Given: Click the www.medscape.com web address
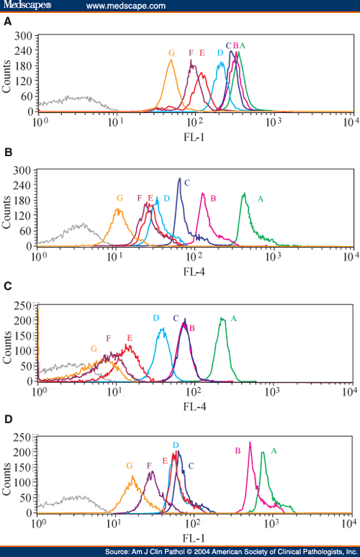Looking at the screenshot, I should click(125, 6).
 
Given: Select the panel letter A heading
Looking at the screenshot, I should click(7, 22).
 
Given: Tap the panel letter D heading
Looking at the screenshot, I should click(7, 417).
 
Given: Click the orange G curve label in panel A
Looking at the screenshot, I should click(171, 53).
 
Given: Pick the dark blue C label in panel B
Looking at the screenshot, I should click(186, 183).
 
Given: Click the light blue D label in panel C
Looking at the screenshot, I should click(156, 318).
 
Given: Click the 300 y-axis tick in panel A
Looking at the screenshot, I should click(24, 35).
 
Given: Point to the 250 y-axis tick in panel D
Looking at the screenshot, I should click(24, 437).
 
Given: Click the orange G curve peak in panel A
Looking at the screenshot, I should click(171, 60).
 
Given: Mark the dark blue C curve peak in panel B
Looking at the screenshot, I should click(179, 178).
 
